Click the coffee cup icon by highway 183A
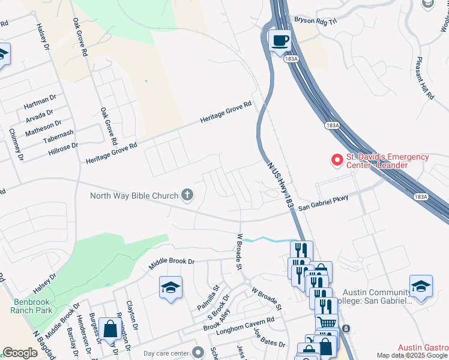click(280, 41)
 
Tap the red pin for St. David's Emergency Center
click(337, 160)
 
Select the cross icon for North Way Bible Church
click(187, 195)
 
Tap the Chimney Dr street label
click(16, 145)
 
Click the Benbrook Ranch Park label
click(32, 306)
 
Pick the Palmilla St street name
click(210, 298)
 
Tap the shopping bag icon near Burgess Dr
click(111, 329)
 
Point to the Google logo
click(20, 353)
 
